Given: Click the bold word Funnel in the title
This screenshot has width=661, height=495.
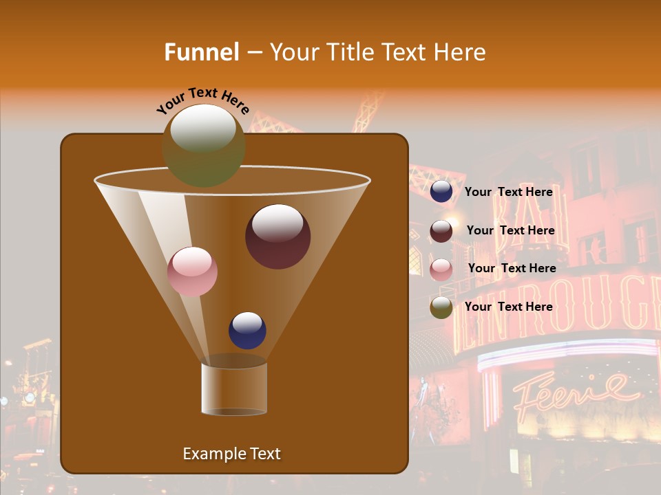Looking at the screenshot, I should click(x=201, y=52).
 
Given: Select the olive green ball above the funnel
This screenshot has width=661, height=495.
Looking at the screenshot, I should click(x=203, y=145).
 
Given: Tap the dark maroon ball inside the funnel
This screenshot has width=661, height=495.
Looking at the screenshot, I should click(x=277, y=236).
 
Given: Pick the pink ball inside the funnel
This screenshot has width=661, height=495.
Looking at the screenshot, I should click(x=192, y=272).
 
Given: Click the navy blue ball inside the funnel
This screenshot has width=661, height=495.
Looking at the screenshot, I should click(x=247, y=331).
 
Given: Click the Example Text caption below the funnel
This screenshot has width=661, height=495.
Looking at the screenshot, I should click(x=231, y=454).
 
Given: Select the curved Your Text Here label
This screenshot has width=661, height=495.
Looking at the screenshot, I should click(x=202, y=100).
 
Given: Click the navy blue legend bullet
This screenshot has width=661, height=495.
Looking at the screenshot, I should click(x=441, y=192).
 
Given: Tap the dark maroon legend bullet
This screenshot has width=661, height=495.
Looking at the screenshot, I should click(x=441, y=231).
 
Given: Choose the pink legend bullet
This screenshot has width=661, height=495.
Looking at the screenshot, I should click(x=441, y=269).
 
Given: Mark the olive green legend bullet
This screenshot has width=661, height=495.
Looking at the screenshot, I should click(x=441, y=307).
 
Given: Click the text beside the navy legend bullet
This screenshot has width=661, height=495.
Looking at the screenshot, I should click(x=508, y=192).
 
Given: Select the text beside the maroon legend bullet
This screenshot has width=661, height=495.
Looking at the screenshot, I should click(x=510, y=230).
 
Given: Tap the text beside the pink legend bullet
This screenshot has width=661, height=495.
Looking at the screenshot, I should click(x=512, y=268).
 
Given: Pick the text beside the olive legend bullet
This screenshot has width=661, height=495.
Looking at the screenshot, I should click(x=508, y=307).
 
